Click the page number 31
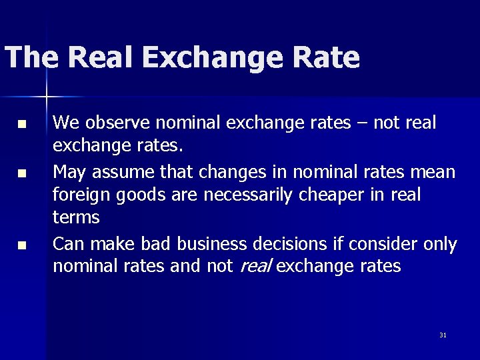pos(443,335)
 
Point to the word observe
pos(111,123)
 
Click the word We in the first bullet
pos(65,123)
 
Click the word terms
pos(76,217)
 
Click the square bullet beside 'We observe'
pos(23,125)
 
